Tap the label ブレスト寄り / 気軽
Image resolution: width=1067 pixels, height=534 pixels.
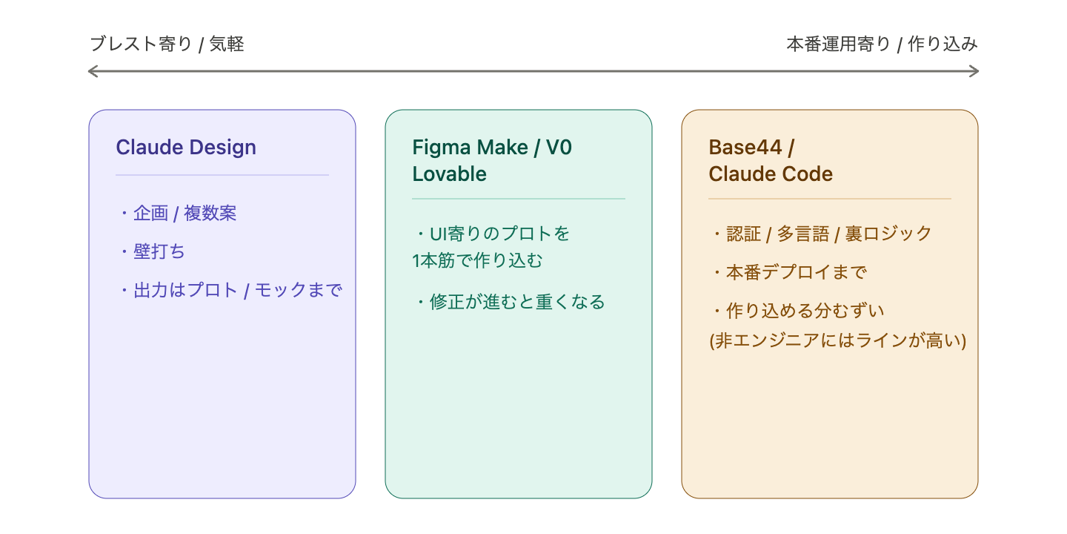pos(167,44)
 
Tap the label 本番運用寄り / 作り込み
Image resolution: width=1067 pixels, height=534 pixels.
pos(882,44)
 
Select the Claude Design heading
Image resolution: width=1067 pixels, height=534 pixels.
pos(186,147)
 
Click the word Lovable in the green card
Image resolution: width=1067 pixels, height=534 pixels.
pos(449,174)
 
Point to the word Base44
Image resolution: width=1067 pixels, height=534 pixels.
pos(745,147)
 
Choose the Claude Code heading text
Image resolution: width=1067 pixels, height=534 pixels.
pos(771,174)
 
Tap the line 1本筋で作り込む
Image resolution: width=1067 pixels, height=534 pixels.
pos(477,260)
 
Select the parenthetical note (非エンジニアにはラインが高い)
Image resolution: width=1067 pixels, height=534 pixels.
pos(837,340)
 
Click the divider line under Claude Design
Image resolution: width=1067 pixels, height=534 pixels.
pos(222,175)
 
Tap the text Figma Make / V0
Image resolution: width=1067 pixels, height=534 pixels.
pos(492,147)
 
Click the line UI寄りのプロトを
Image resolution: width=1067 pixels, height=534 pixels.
pos(493,234)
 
